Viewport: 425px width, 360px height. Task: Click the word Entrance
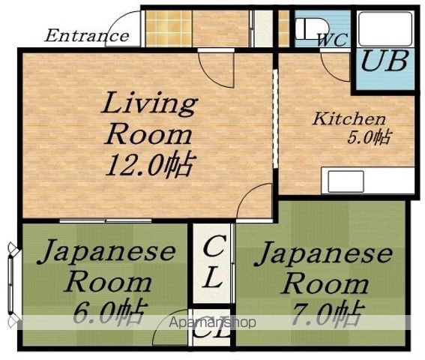pyautogui.click(x=87, y=36)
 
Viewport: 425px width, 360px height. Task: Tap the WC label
pyautogui.click(x=333, y=40)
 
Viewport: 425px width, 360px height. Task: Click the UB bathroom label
pyautogui.click(x=385, y=61)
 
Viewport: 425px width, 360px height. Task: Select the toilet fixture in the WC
pyautogui.click(x=312, y=29)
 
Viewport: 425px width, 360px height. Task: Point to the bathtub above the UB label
pyautogui.click(x=385, y=28)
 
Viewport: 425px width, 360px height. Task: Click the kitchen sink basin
pyautogui.click(x=346, y=181)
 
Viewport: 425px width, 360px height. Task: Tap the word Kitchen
pyautogui.click(x=349, y=118)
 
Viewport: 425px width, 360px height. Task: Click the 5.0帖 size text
pyautogui.click(x=369, y=138)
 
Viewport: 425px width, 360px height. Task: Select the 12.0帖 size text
pyautogui.click(x=150, y=165)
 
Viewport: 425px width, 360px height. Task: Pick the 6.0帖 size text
pyautogui.click(x=109, y=313)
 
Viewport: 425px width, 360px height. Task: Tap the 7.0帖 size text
pyautogui.click(x=326, y=313)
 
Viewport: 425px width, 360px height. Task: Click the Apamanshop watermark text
pyautogui.click(x=213, y=322)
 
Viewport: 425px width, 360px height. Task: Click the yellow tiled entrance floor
pyautogui.click(x=169, y=28)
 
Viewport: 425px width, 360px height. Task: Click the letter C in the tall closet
pyautogui.click(x=214, y=246)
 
